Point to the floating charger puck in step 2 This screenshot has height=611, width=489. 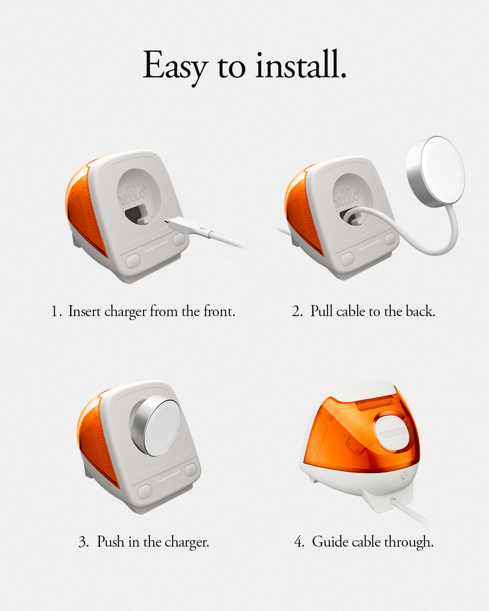435,171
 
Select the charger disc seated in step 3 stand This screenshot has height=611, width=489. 155,426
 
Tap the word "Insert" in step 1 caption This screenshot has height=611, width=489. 85,311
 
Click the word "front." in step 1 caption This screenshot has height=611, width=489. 219,311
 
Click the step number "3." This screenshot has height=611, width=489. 84,542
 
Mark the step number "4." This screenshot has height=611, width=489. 299,542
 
